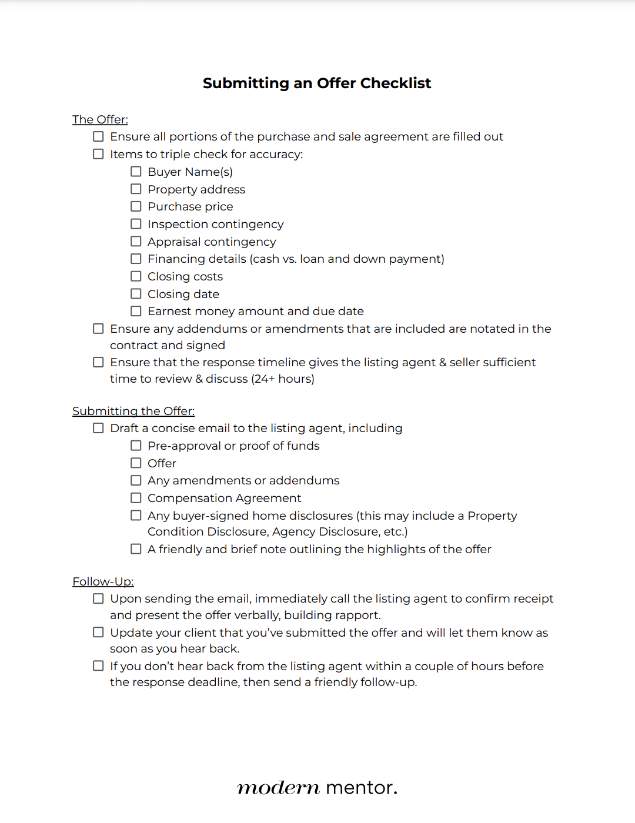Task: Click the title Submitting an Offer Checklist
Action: [317, 83]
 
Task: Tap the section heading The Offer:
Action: [100, 119]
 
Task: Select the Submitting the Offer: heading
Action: [133, 411]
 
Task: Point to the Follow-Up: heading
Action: [103, 581]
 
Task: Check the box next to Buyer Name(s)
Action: [136, 172]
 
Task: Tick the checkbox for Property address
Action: [136, 189]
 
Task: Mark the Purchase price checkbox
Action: [136, 206]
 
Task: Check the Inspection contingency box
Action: [136, 224]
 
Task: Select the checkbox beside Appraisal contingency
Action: [136, 242]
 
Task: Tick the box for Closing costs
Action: [136, 276]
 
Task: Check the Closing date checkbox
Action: [136, 294]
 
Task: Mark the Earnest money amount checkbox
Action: [136, 311]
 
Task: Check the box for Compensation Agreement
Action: [136, 498]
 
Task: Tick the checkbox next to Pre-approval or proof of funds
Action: [136, 446]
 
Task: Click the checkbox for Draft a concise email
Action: [98, 428]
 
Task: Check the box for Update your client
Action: [98, 633]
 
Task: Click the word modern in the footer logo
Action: [278, 788]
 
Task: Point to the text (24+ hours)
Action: [283, 379]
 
